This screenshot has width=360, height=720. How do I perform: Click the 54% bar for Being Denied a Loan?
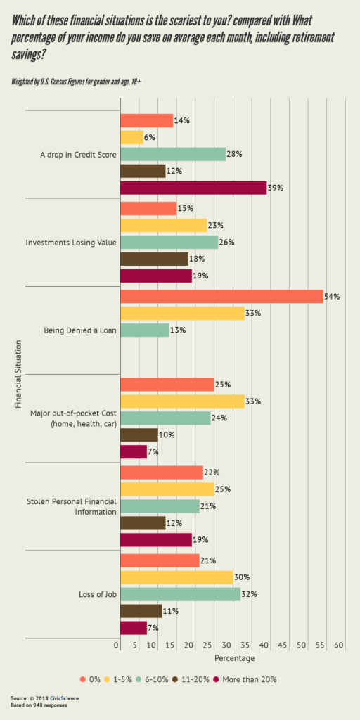[221, 297]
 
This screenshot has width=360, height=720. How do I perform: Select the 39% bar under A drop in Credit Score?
[193, 188]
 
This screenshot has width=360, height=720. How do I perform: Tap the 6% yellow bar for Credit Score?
[132, 137]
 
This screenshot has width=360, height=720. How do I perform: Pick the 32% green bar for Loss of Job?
[181, 594]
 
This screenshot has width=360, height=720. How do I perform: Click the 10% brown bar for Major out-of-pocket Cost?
[139, 435]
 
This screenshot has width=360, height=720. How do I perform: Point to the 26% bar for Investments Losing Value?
[169, 242]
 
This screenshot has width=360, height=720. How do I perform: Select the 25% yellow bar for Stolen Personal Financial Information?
[167, 489]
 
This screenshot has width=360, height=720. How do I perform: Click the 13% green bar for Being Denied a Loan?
[145, 330]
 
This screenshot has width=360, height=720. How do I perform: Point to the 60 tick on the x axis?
[339, 645]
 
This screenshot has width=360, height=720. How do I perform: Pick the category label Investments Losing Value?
[71, 242]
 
